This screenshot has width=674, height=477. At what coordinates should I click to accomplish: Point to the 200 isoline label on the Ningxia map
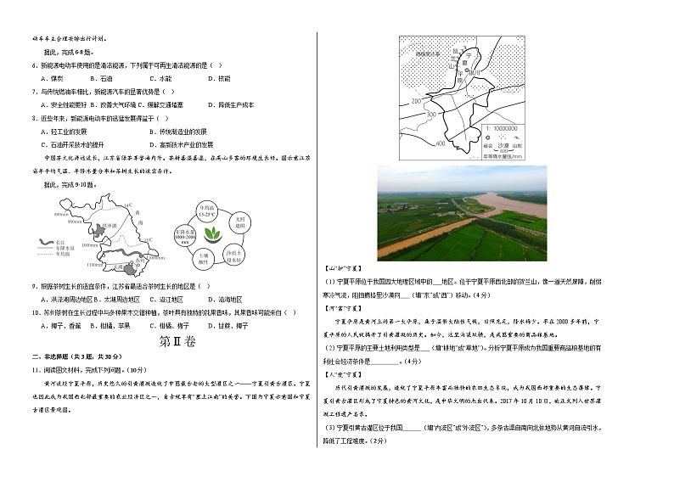416,101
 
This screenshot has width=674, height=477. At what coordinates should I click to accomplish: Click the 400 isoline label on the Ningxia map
440,143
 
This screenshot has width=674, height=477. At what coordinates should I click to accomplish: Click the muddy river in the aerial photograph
475,221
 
